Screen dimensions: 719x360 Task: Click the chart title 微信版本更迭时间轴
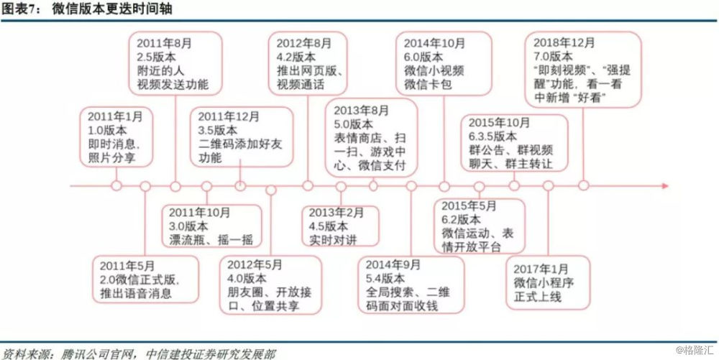(x=112, y=9)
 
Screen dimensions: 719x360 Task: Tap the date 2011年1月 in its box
(x=109, y=116)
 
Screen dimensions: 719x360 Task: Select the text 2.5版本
(x=156, y=57)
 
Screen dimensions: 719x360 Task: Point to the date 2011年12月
(x=222, y=116)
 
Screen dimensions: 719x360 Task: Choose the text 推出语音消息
(x=135, y=293)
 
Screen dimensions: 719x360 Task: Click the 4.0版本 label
(x=247, y=279)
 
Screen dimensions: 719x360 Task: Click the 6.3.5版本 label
(x=493, y=136)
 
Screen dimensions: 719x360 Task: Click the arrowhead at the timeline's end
(x=664, y=186)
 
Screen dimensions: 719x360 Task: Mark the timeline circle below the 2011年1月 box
(x=116, y=185)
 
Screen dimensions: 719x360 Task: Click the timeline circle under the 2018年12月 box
(x=583, y=185)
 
